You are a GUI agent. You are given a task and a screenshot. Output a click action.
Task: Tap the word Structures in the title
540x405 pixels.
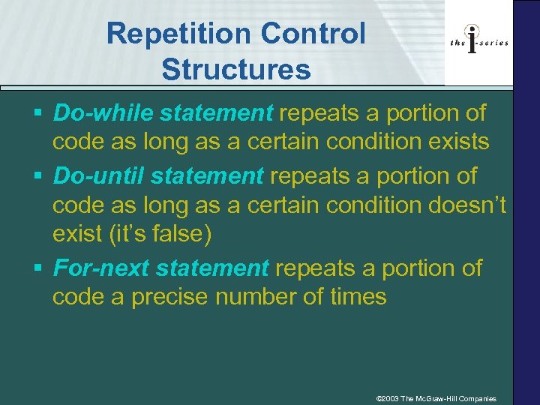pyautogui.click(x=235, y=69)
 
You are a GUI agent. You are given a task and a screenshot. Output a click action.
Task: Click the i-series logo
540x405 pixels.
pyautogui.click(x=478, y=42)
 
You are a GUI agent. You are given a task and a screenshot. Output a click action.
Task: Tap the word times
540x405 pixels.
pyautogui.click(x=358, y=298)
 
